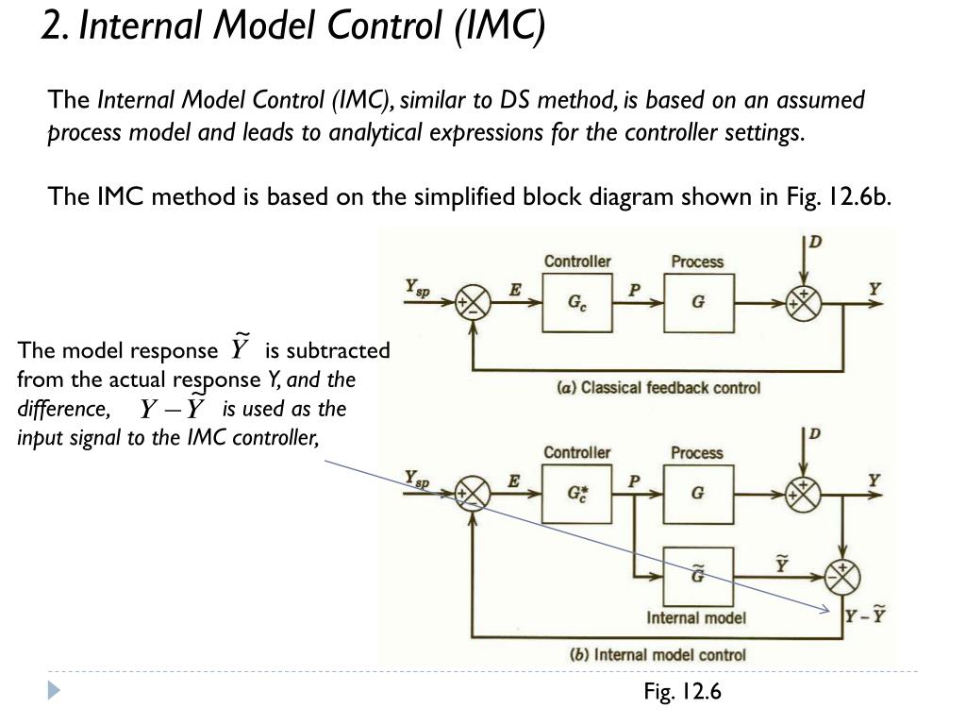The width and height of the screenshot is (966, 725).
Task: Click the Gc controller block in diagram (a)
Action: tap(576, 303)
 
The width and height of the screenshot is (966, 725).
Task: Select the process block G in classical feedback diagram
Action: tap(697, 303)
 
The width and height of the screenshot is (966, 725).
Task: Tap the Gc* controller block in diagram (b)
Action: tap(576, 494)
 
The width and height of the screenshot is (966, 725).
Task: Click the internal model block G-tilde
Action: tap(697, 575)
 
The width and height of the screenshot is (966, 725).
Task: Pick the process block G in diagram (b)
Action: tap(697, 494)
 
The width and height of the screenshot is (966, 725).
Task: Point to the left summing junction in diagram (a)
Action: tap(472, 303)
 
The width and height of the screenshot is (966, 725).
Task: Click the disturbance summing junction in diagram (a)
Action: tap(804, 303)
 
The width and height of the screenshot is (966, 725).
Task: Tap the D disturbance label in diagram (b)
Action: tap(814, 434)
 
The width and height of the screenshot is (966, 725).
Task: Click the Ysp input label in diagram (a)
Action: tap(417, 288)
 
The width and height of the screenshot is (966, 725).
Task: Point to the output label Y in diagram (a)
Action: tap(874, 288)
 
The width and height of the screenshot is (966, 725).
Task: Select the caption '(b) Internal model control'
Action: tap(658, 654)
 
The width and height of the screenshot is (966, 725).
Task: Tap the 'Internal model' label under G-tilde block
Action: tap(696, 618)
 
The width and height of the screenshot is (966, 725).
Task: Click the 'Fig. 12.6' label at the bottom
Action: tap(682, 692)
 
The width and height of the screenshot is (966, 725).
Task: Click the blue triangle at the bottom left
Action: tap(54, 691)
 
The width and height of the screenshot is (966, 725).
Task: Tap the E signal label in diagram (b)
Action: tap(513, 481)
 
